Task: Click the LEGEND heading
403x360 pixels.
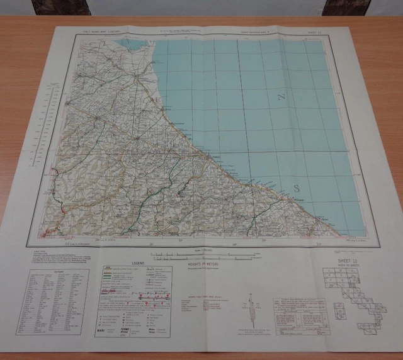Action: (x=138, y=262)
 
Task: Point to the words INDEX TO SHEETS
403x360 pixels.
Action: (x=345, y=266)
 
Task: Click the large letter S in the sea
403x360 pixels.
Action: (x=297, y=189)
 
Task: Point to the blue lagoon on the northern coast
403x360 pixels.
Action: (x=135, y=44)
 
